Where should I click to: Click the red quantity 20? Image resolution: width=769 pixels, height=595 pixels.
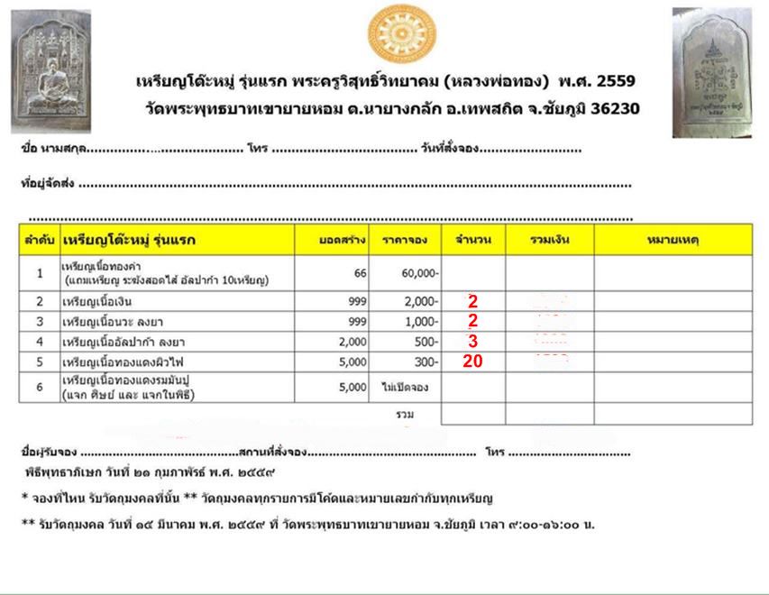click(473, 362)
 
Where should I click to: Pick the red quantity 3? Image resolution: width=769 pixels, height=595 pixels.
click(472, 341)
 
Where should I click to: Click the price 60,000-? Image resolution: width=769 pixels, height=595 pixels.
click(421, 272)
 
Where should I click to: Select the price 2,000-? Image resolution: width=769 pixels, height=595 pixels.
click(421, 301)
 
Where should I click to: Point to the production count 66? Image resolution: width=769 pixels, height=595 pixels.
click(360, 272)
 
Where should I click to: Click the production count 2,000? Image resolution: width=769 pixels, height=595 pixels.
click(352, 342)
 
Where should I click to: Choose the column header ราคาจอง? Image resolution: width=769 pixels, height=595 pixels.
click(404, 240)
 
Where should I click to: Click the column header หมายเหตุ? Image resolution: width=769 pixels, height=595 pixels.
click(673, 240)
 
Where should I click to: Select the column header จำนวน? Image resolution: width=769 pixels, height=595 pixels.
click(472, 240)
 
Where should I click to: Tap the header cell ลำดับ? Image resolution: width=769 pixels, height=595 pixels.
click(39, 240)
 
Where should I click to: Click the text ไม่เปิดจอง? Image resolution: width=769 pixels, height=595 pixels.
click(406, 388)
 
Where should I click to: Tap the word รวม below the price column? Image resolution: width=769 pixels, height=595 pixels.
click(405, 414)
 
